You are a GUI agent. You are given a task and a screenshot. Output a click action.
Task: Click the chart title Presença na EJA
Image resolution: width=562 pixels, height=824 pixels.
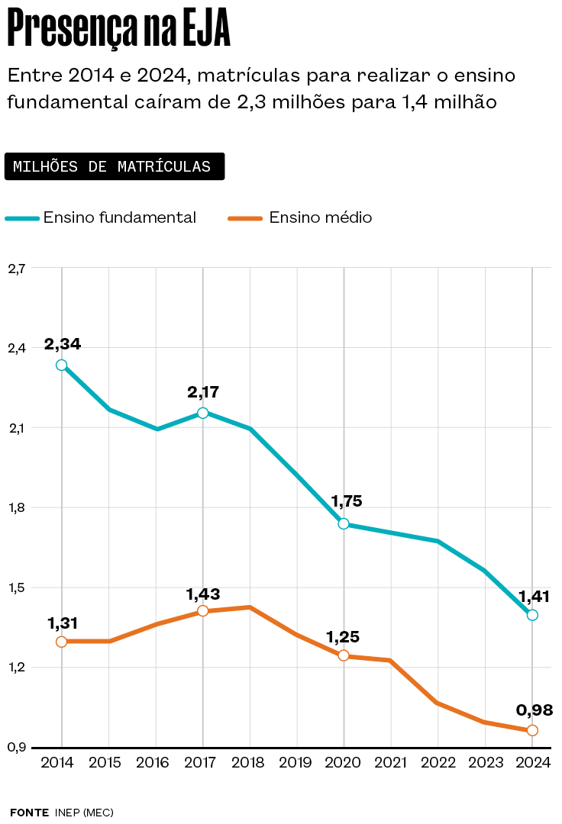coord(118,31)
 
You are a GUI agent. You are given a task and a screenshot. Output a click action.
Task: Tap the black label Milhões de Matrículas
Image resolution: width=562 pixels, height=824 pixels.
coord(114,167)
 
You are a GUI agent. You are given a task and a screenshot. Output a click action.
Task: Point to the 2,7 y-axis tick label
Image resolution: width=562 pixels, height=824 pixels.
coord(17,268)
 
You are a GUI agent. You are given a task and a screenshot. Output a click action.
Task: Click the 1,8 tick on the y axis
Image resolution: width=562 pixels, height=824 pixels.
coord(17,507)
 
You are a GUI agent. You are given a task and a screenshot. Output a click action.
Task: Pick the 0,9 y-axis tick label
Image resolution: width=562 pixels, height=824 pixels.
coord(17,748)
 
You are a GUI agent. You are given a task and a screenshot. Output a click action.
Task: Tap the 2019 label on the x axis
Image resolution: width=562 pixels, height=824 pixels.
coord(296,764)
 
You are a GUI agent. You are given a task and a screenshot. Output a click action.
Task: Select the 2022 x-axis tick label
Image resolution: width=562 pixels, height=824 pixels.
coord(438,764)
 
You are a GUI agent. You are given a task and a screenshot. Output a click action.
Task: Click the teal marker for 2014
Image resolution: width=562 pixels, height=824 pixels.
coord(61,365)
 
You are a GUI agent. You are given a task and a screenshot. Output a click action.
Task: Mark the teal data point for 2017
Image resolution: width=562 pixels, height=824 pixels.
coord(203,413)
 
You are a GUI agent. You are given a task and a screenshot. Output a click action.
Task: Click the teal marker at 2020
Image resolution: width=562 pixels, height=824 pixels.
coord(344,524)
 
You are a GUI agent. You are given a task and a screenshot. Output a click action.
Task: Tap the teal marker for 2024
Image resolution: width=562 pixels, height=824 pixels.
coord(532,615)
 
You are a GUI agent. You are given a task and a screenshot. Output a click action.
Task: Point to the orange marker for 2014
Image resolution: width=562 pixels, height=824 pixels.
coord(61,642)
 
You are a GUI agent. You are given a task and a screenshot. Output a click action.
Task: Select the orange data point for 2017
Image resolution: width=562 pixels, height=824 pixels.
coord(203,611)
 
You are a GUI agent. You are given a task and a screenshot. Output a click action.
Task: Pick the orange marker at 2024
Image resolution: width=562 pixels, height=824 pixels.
coord(532,730)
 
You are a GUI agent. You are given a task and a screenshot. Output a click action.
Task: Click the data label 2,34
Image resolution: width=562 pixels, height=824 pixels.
coord(63,344)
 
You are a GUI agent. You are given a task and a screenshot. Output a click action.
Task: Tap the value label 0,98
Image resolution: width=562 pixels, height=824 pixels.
coord(535,710)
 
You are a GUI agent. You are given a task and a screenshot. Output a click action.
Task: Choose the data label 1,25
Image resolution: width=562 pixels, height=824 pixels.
coord(343,637)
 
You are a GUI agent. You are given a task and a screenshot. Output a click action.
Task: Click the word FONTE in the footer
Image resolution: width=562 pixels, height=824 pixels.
coord(29,813)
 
